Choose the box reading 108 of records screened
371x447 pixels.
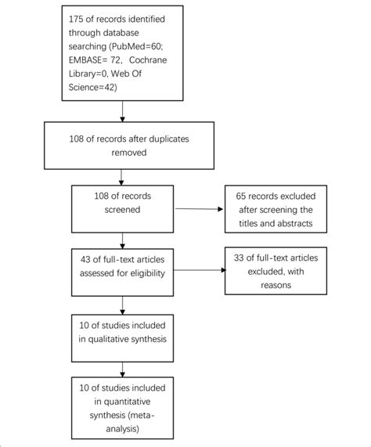[122, 208]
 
